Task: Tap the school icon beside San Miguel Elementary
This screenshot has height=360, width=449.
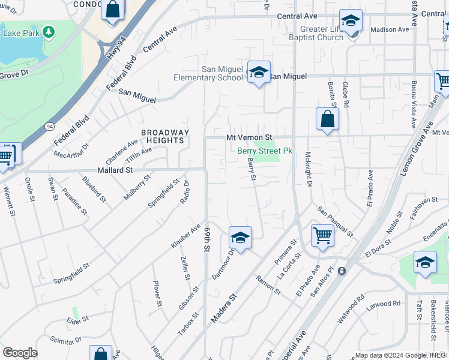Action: point(259,73)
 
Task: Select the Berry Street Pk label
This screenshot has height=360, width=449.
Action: point(265,151)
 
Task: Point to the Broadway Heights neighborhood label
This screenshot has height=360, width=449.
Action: point(165,136)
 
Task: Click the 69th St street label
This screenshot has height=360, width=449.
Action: point(208,239)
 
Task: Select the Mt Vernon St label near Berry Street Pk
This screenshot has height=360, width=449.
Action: point(249,138)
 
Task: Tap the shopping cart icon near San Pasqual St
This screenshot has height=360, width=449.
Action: point(323,235)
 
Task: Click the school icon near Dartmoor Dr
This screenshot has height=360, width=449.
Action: point(240,238)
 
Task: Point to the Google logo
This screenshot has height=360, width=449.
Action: point(20,353)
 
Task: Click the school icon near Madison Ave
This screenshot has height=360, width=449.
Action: point(351,21)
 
